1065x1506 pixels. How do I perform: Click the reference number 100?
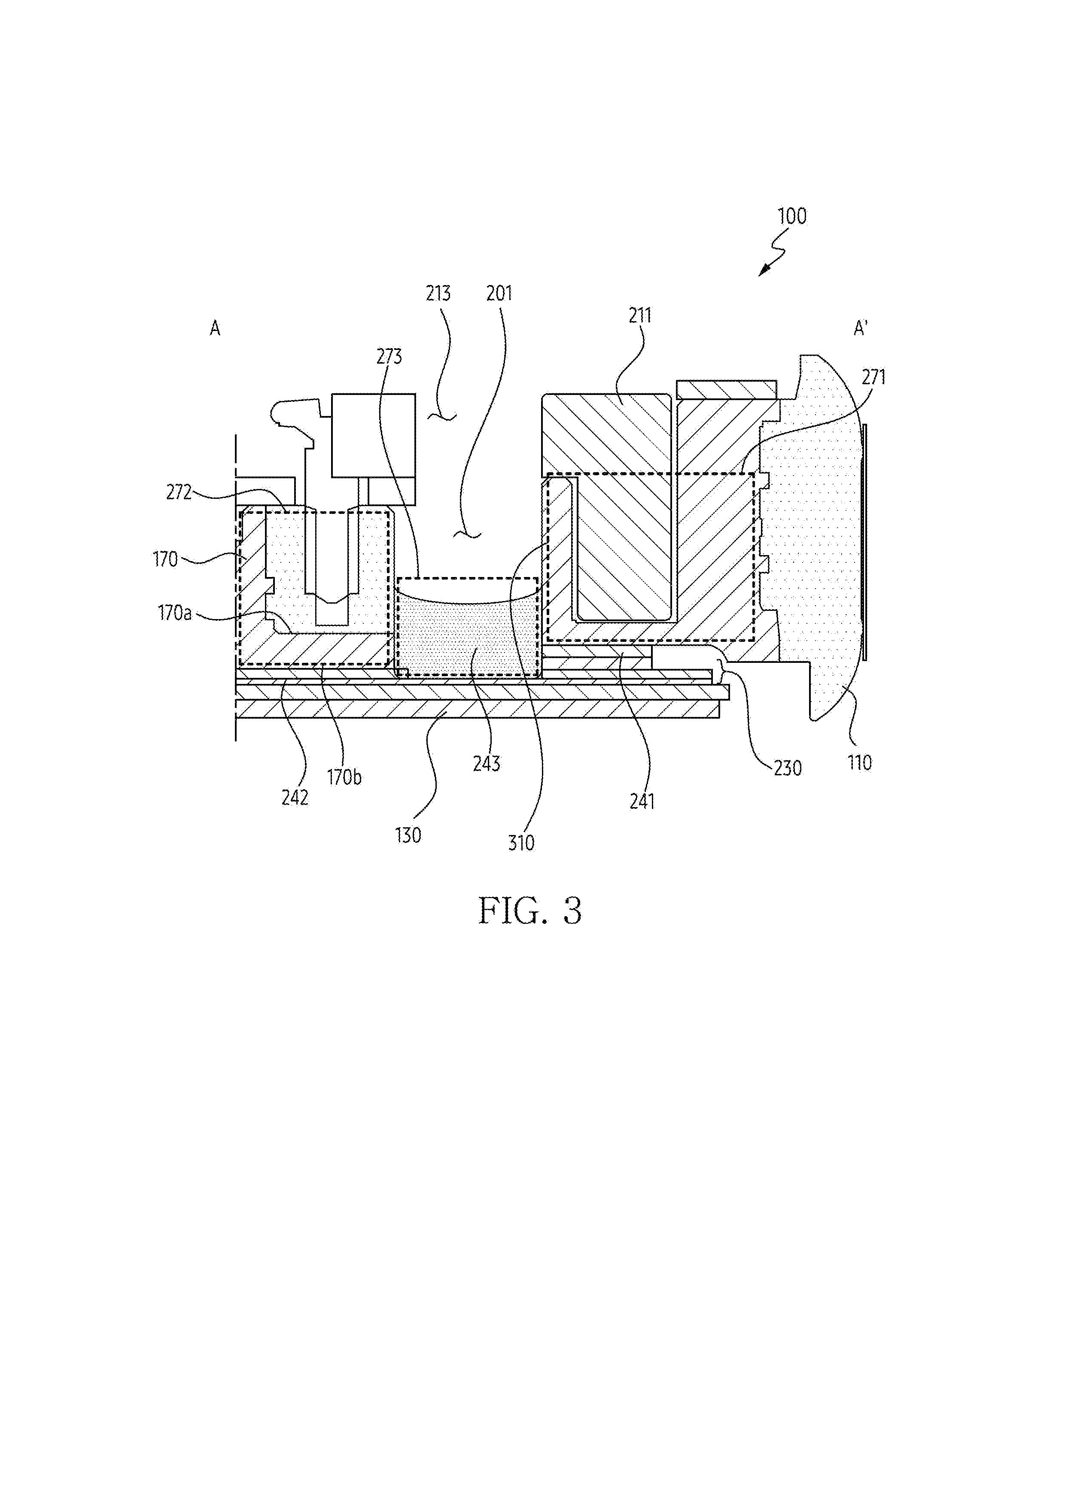[x=792, y=216]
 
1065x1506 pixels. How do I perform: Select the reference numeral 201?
[x=499, y=293]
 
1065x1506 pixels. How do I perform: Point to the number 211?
[x=640, y=316]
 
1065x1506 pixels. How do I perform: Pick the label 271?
[x=873, y=377]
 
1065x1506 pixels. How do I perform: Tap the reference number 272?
[x=179, y=492]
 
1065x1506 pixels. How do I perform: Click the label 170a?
[x=174, y=613]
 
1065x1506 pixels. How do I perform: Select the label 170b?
[x=344, y=777]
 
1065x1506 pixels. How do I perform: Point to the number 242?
[x=295, y=798]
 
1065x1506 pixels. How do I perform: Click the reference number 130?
[x=408, y=836]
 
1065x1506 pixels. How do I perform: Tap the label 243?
[x=486, y=763]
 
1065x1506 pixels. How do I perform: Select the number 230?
[x=788, y=768]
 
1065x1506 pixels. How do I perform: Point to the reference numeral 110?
[x=860, y=763]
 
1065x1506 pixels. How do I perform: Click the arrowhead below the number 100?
[x=764, y=270]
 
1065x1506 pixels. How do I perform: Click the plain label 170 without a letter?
[x=165, y=559]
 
